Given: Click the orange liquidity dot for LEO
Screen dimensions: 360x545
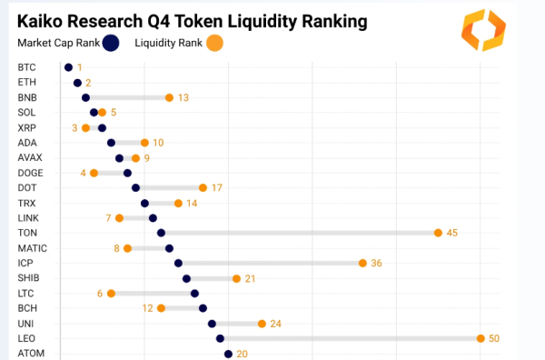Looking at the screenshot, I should pos(481,338).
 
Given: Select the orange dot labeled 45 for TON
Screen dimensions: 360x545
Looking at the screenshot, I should pos(438,233).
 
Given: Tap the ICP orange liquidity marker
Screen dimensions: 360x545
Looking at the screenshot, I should pos(362,263).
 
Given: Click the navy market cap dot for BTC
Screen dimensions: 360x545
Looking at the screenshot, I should pos(68,67).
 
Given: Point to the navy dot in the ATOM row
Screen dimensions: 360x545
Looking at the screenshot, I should pos(229,354).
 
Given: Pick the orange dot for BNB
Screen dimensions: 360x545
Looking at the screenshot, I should pos(169,97).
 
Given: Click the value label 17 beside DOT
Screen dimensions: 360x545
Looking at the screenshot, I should pos(216,188).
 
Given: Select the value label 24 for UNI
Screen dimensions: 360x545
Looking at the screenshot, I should pos(275,324).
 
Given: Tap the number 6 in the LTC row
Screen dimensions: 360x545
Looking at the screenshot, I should pos(100,293).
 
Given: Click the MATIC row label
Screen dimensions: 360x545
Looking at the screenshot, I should pos(32,248).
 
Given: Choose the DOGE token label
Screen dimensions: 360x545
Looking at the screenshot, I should pos(30,173).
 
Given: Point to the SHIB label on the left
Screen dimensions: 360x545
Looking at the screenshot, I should pos(29,278).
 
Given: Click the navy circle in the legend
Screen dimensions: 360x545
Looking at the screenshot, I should pos(112,42).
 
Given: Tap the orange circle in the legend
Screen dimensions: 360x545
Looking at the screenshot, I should pos(213,42).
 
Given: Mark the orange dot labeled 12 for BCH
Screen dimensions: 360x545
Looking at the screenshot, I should pos(161,308).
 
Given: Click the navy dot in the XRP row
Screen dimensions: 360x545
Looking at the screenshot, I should pos(102,127).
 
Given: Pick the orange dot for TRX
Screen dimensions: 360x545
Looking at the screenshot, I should pos(178,203).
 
